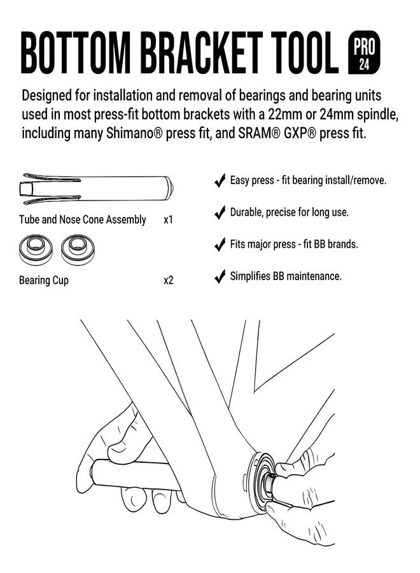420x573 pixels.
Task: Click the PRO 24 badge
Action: pyautogui.click(x=364, y=52)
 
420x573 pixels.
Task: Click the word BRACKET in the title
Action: pyautogui.click(x=202, y=53)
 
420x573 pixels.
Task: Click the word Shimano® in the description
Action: pyautogui.click(x=134, y=133)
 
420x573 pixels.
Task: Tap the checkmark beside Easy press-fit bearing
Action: pyautogui.click(x=220, y=181)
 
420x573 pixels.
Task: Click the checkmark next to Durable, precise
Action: pyautogui.click(x=220, y=212)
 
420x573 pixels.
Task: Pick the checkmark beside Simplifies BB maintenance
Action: pyautogui.click(x=220, y=276)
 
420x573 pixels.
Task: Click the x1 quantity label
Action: pyautogui.click(x=169, y=220)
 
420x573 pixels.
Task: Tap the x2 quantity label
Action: pyautogui.click(x=169, y=281)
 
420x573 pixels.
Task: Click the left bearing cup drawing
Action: pyautogui.click(x=36, y=250)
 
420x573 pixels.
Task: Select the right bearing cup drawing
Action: pyautogui.click(x=78, y=250)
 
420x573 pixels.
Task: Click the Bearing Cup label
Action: pyautogui.click(x=44, y=281)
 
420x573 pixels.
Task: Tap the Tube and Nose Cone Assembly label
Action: pyautogui.click(x=83, y=220)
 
